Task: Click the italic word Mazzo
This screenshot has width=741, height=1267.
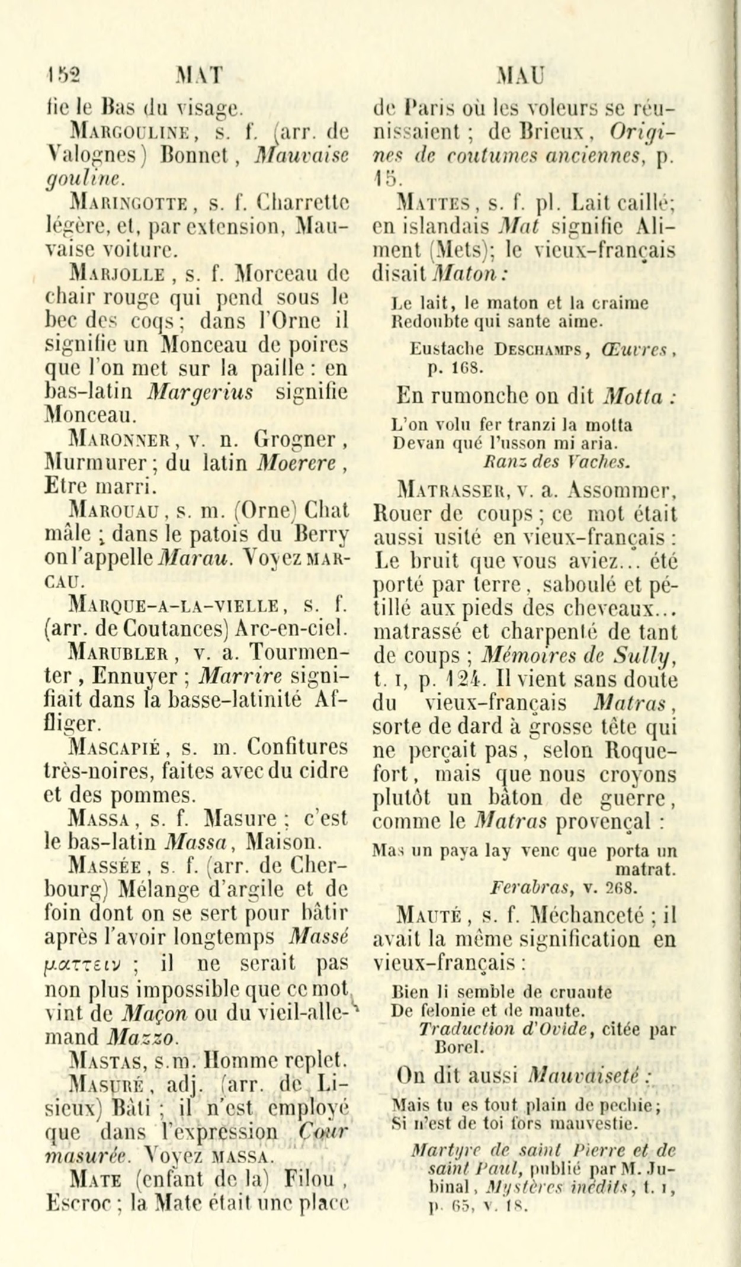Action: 144,1037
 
